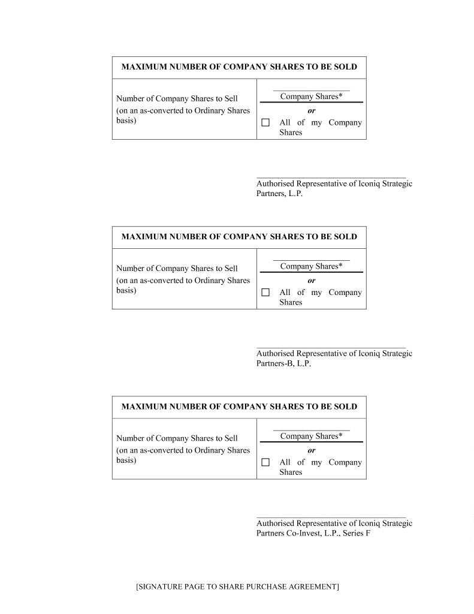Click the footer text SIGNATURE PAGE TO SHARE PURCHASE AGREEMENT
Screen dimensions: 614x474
coord(237,586)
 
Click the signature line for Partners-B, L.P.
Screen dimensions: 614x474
coord(331,347)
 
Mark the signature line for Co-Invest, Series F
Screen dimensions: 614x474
coord(331,517)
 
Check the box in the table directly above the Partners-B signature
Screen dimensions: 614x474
coord(265,293)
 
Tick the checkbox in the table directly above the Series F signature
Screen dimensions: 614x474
coord(265,462)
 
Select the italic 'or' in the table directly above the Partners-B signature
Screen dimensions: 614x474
coord(311,281)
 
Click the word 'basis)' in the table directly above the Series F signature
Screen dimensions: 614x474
coord(126,460)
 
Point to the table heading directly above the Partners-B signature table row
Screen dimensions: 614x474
coord(238,236)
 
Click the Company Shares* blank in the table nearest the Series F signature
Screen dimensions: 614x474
coord(311,430)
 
